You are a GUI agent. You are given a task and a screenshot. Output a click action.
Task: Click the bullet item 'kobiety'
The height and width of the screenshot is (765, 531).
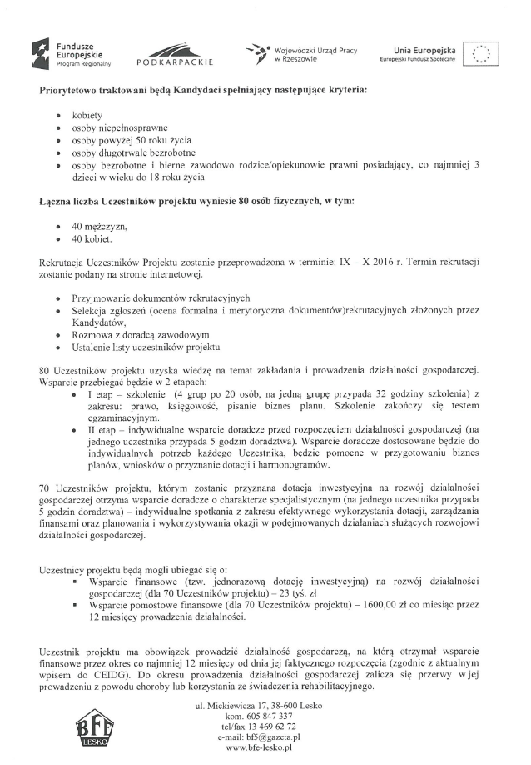click(87, 115)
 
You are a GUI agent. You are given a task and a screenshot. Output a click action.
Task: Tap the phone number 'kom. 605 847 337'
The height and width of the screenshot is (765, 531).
click(259, 716)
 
